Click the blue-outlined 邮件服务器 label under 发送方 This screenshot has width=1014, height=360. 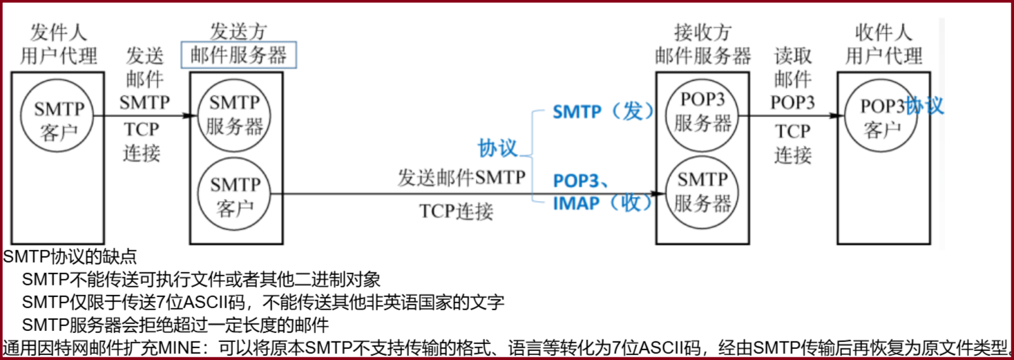pyautogui.click(x=239, y=55)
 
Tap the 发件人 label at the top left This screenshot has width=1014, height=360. pyautogui.click(x=59, y=32)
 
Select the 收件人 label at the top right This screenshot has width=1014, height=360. pyautogui.click(x=883, y=32)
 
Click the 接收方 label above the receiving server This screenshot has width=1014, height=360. pyautogui.click(x=702, y=32)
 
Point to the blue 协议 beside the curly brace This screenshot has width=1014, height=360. pyautogui.click(x=497, y=148)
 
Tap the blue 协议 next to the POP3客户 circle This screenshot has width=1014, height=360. pyautogui.click(x=925, y=105)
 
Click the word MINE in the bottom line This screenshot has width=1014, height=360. pyautogui.click(x=179, y=346)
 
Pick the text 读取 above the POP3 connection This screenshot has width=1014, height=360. pyautogui.click(x=793, y=56)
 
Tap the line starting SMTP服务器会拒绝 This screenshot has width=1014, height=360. pyautogui.click(x=175, y=324)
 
